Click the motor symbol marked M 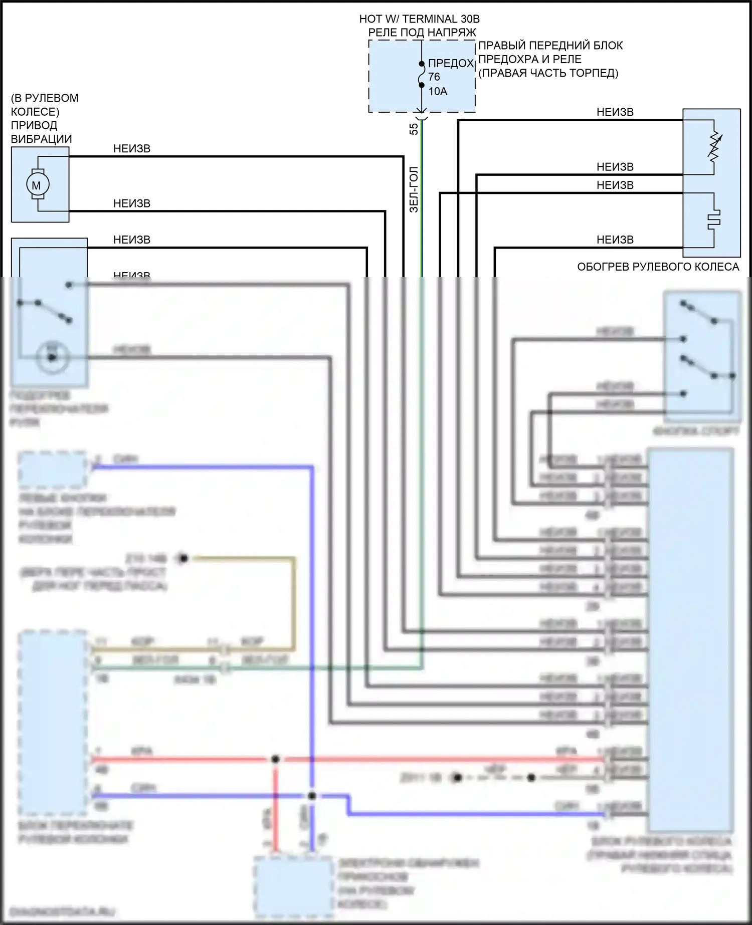(x=37, y=185)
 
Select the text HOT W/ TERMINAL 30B (x=419, y=19)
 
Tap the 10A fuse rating (x=438, y=91)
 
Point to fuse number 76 (x=434, y=77)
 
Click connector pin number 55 (x=414, y=129)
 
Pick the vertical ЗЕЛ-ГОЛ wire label (x=414, y=190)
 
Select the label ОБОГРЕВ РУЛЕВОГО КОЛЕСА (x=658, y=267)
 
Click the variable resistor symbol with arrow (x=714, y=147)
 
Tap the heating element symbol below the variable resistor (x=714, y=219)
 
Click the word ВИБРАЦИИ (x=42, y=139)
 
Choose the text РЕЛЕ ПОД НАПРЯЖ (x=422, y=33)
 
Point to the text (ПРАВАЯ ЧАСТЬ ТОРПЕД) (x=548, y=73)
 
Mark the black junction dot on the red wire (x=275, y=759)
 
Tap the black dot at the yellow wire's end (x=183, y=558)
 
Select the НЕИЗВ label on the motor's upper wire (x=132, y=149)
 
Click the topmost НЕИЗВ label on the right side (x=615, y=112)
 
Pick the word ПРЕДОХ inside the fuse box (x=451, y=63)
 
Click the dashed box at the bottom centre (x=293, y=886)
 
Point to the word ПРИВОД (x=34, y=125)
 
